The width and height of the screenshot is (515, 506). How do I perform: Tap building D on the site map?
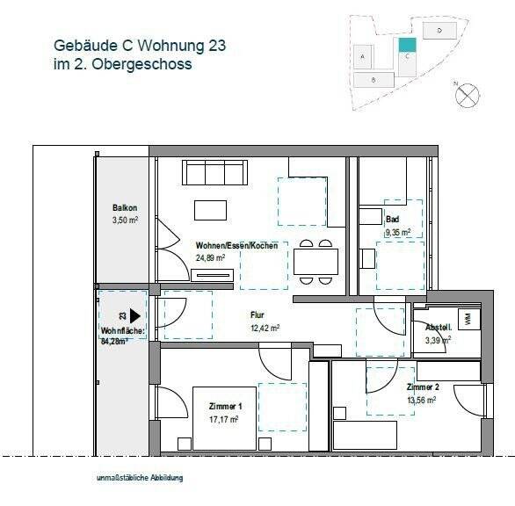[x=439, y=29]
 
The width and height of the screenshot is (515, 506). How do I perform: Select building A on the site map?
[x=363, y=55]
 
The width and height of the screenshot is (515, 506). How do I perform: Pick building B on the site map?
[x=374, y=79]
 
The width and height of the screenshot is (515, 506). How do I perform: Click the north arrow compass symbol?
[x=468, y=90]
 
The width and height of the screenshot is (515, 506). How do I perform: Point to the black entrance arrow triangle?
[x=135, y=314]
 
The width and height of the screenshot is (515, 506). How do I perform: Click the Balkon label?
[x=125, y=208]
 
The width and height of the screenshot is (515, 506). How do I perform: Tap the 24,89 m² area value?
[x=211, y=258]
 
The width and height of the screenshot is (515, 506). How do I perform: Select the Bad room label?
[x=393, y=220]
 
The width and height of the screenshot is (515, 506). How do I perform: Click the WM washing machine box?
[x=467, y=318]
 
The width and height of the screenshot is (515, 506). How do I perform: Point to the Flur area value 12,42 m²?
[x=265, y=328]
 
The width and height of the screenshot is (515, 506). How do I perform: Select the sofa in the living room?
[x=213, y=173]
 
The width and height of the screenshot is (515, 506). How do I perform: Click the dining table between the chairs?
[x=316, y=262]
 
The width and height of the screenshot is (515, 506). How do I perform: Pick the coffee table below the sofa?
[x=210, y=210]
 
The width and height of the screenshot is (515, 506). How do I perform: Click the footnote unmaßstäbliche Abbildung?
[x=141, y=479]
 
